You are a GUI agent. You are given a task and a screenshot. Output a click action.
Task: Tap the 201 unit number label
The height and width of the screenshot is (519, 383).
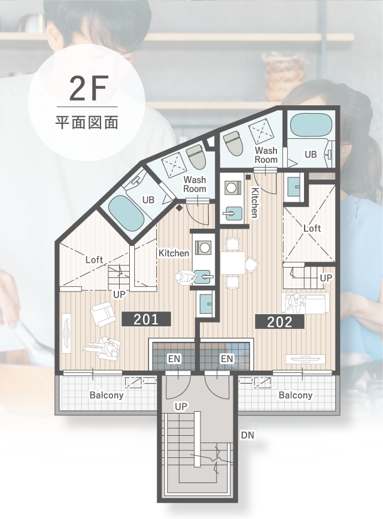(x=146, y=320)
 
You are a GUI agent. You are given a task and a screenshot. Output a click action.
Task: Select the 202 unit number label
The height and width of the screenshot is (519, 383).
(x=279, y=321)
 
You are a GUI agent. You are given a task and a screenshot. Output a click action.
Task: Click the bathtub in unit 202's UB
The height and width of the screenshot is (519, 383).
(x=311, y=125)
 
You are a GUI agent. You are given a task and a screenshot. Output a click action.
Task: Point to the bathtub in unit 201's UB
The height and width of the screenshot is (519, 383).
(x=126, y=212)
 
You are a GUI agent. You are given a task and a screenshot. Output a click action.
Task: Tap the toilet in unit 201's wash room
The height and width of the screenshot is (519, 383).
(x=196, y=157)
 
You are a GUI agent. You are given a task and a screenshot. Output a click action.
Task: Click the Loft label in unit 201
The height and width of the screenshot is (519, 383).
(x=95, y=260)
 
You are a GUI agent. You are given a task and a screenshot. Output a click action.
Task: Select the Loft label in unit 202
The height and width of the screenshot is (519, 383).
(x=312, y=228)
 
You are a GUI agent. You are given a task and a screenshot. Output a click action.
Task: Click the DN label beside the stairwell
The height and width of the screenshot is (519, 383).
(x=248, y=435)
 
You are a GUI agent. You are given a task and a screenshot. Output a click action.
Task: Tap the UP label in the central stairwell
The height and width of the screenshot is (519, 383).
(x=181, y=406)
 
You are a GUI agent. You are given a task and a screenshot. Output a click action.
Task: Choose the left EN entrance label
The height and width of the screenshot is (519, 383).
(x=174, y=359)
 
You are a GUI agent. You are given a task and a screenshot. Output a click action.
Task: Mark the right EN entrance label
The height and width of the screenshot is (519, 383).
(x=227, y=359)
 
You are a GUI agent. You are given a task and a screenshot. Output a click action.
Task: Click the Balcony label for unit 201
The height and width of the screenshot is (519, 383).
(x=107, y=395)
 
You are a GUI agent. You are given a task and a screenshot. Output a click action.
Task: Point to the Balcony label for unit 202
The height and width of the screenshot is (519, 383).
(x=296, y=395)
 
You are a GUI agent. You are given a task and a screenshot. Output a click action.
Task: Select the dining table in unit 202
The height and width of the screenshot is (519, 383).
(x=233, y=263)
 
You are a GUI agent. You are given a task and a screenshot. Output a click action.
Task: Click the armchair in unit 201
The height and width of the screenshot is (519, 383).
(x=104, y=315)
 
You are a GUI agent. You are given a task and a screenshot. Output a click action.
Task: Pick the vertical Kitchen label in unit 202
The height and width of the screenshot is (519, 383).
(x=255, y=202)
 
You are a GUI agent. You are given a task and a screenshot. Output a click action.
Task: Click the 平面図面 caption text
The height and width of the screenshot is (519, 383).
(x=87, y=122)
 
